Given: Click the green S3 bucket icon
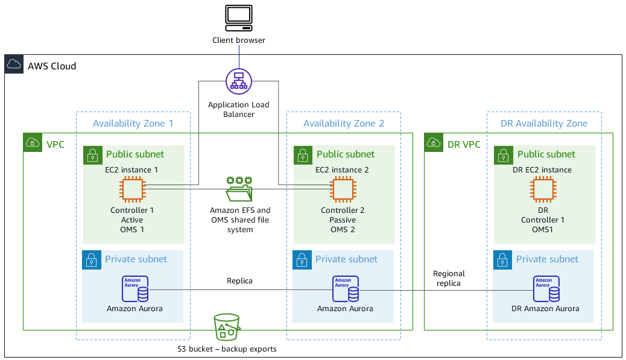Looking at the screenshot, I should pyautogui.click(x=227, y=327).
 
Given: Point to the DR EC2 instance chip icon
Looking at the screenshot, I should pyautogui.click(x=543, y=190).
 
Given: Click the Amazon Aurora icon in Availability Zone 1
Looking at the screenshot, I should pyautogui.click(x=136, y=289).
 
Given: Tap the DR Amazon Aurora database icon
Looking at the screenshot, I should pyautogui.click(x=545, y=289).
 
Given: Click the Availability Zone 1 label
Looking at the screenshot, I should pyautogui.click(x=133, y=123).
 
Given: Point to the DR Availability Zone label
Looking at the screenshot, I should pyautogui.click(x=543, y=123).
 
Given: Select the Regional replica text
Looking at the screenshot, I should pyautogui.click(x=449, y=278).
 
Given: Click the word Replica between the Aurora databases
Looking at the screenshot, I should pyautogui.click(x=239, y=280).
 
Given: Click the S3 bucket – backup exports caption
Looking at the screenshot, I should pyautogui.click(x=239, y=349).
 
